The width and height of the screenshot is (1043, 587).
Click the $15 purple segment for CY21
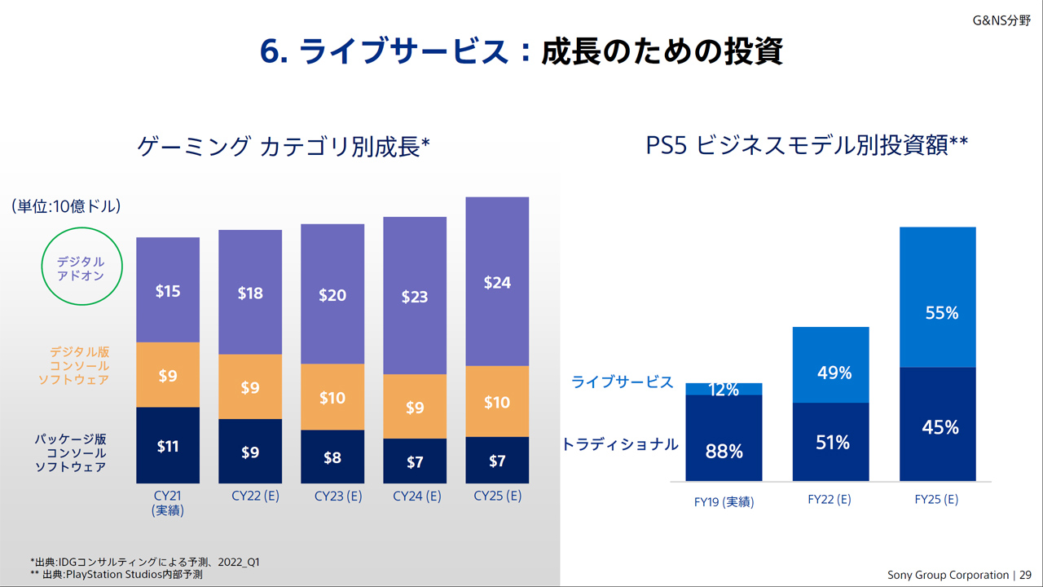[168, 290]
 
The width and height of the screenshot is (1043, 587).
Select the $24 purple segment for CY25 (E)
[497, 282]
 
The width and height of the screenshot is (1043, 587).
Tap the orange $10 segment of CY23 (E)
[332, 397]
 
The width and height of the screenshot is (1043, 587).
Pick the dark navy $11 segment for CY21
[168, 445]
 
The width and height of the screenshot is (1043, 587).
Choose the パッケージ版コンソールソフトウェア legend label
[70, 452]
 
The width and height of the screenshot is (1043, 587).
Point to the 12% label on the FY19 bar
[724, 390]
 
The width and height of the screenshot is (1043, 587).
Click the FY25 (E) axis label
[936, 500]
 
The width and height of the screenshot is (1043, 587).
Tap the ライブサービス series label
[623, 382]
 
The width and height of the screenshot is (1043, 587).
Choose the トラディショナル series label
[620, 444]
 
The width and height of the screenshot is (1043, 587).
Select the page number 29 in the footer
[1025, 575]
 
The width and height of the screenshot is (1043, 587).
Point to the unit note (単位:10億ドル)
[66, 206]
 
